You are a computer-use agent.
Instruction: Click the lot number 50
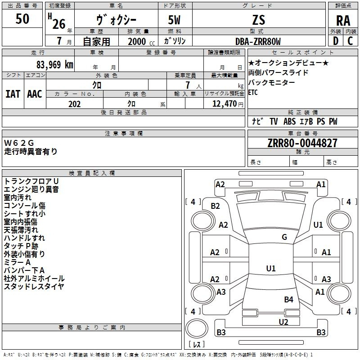point(22,18)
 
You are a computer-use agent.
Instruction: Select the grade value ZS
point(259,20)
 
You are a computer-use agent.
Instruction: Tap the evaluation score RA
point(343,21)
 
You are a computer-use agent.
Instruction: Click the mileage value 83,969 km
point(54,65)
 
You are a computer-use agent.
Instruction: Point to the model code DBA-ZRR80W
point(258,41)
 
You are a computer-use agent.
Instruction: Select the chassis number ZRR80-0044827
point(302,143)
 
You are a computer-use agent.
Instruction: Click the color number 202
point(74,104)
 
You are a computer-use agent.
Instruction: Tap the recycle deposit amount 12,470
point(224,104)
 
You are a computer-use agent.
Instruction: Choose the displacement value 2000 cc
point(141,41)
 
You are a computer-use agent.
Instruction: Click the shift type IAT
point(13,94)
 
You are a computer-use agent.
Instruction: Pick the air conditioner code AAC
point(35,94)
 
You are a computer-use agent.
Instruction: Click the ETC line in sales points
point(253,92)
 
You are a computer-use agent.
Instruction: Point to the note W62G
point(19,143)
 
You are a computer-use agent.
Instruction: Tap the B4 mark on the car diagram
point(288,299)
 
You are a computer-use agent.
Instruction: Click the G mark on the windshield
point(284,237)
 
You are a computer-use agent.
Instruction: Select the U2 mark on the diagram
point(283,322)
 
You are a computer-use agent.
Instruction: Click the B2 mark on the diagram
point(215,206)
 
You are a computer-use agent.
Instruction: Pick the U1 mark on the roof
point(271,268)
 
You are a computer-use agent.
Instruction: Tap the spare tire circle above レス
point(197,328)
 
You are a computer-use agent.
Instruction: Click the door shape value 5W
point(174,20)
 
